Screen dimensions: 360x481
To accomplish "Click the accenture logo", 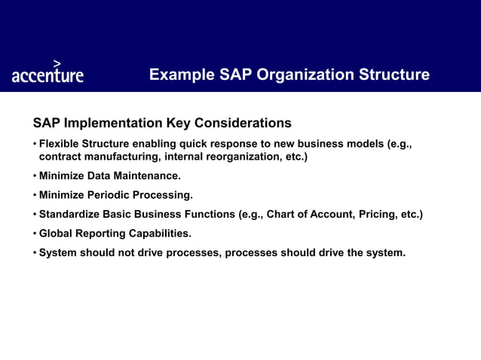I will [47, 75].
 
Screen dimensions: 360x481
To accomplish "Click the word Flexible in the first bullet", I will [60, 144].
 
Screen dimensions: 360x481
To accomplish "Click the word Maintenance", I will [148, 176].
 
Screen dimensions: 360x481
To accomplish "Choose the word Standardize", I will [69, 215].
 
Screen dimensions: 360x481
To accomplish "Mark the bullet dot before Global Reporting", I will [34, 233].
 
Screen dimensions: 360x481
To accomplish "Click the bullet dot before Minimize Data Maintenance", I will [34, 176].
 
